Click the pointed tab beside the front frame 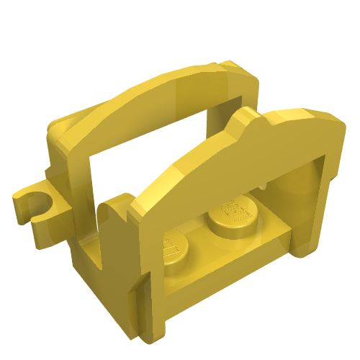click(109, 216)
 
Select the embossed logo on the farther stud click(230, 208)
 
